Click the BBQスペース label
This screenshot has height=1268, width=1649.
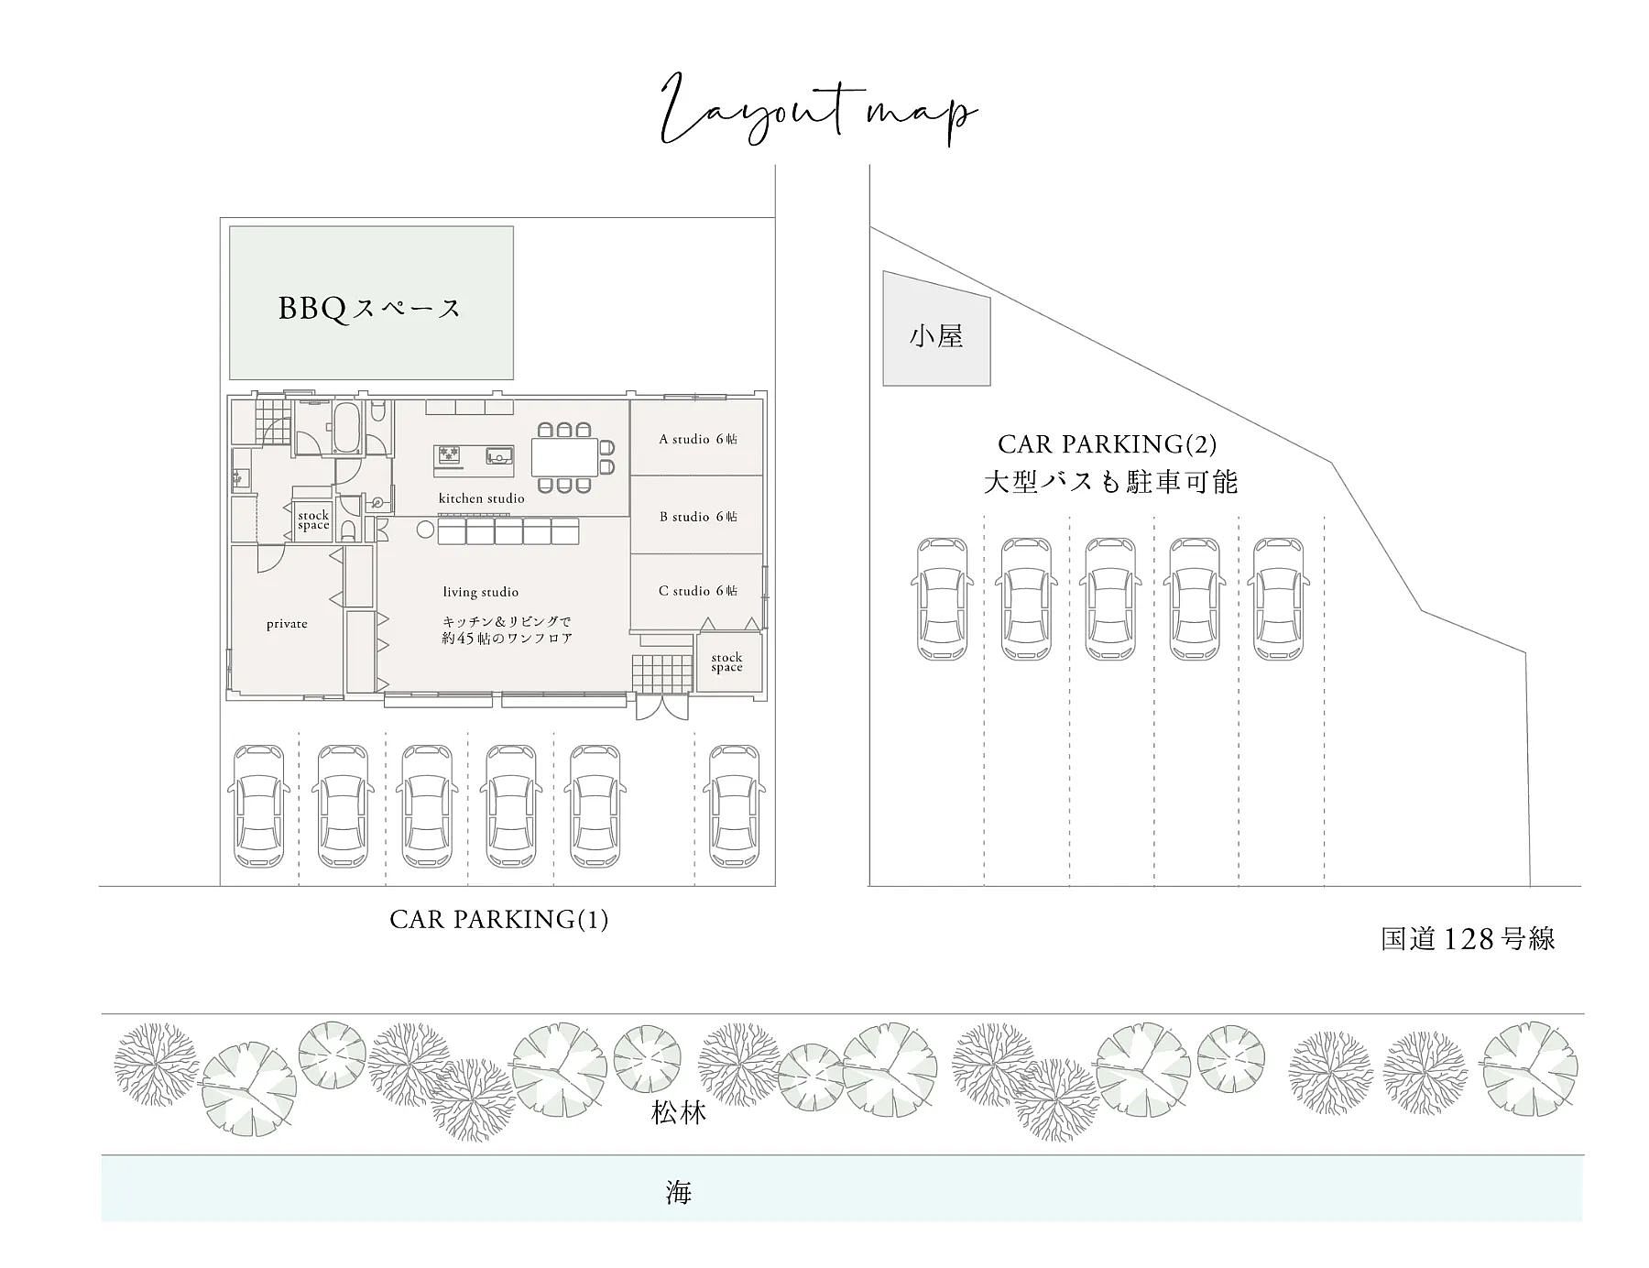[x=369, y=308]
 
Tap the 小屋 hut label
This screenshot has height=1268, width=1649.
[x=936, y=336]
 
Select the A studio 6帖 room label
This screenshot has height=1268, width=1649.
[x=698, y=439]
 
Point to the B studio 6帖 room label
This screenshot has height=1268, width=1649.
[x=698, y=517]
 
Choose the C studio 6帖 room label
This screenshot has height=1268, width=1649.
[x=698, y=591]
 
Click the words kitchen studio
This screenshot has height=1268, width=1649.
[x=482, y=498]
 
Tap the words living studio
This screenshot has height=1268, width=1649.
[x=481, y=592]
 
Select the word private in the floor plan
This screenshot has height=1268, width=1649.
[x=287, y=624]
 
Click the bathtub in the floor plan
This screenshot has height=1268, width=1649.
[x=345, y=428]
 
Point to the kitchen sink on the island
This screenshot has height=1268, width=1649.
[x=499, y=454]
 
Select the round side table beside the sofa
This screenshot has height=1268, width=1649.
[x=424, y=530]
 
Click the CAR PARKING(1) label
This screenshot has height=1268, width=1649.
[x=499, y=919]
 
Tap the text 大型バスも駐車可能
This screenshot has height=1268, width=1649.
[x=1110, y=482]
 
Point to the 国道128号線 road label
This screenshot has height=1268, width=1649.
[x=1468, y=939]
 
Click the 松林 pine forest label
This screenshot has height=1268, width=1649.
[x=679, y=1113]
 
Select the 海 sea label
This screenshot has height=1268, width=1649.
[x=678, y=1192]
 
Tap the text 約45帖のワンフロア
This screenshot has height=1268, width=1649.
[x=507, y=639]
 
